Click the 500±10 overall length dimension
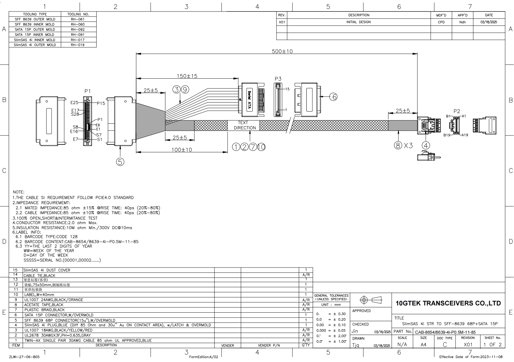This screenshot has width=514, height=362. point(282,51)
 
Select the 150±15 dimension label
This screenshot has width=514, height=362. point(187,76)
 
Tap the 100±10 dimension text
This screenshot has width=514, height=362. point(182,150)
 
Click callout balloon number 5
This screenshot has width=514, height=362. point(120,162)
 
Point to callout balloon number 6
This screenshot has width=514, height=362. point(333,97)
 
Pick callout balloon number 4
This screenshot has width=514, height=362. point(426,145)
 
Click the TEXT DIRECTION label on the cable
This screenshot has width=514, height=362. point(245,125)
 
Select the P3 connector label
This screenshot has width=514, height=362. point(278,79)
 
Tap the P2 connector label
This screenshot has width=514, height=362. point(457,111)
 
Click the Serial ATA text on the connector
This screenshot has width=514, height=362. point(249,99)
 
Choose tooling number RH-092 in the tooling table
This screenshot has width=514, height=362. point(78,30)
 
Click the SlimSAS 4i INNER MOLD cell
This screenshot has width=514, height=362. point(34,40)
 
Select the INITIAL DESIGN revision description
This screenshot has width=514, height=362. point(358,22)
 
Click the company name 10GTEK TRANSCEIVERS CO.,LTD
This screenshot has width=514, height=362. point(448,303)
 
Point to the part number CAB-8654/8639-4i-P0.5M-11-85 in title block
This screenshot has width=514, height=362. point(445,332)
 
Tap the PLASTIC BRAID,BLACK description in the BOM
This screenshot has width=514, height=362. point(44,310)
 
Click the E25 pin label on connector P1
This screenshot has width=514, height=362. point(74,103)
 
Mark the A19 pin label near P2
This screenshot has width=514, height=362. point(465,135)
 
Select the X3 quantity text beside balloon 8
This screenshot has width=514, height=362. point(408,145)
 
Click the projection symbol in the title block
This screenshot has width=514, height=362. point(371,300)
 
